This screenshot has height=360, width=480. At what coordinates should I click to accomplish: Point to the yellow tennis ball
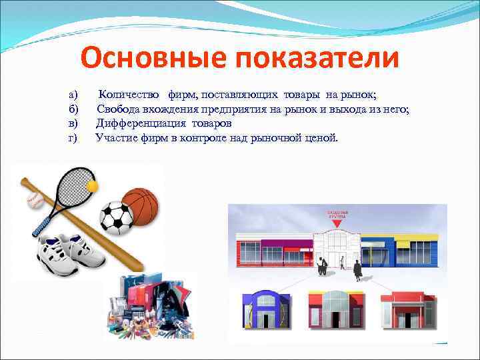coord(93,185)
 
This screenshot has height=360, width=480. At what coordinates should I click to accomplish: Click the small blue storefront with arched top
coord(269,308)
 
